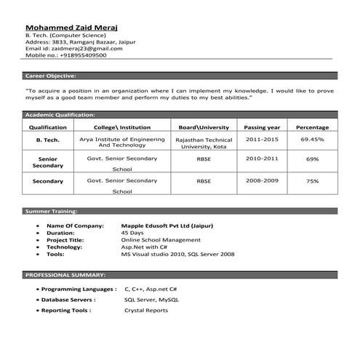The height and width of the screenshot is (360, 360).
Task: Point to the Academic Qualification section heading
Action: click(60, 115)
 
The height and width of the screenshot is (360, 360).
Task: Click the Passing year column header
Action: click(263, 127)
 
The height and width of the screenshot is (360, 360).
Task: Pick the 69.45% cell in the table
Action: click(312, 138)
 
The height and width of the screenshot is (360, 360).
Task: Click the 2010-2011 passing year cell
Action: click(263, 158)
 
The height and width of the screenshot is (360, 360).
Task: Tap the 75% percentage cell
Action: click(312, 180)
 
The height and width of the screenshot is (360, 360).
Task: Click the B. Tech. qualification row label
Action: click(48, 139)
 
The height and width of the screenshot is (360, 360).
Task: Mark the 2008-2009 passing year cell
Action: click(263, 180)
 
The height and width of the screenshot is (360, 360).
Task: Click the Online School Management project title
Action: click(159, 240)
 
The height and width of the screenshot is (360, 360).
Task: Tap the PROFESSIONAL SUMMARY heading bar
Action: click(65, 276)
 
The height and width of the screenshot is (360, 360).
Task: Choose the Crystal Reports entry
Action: click(146, 311)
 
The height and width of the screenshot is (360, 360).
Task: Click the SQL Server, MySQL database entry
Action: click(151, 300)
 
